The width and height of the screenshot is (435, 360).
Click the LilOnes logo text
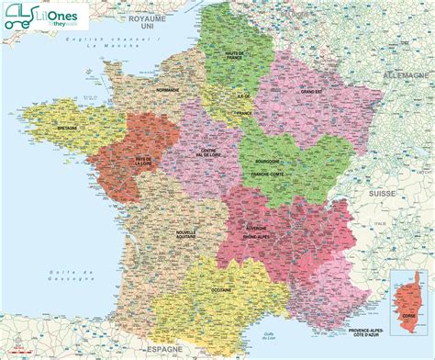(x=56, y=16)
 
